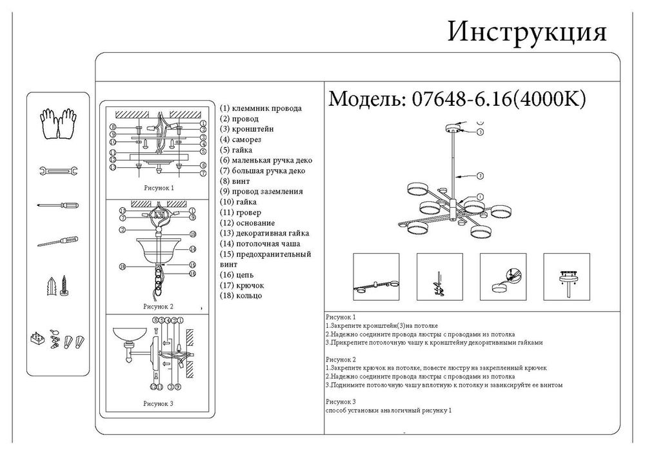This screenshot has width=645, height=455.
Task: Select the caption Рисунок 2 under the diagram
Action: click(158, 307)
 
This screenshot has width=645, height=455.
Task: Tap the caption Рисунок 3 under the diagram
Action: click(158, 403)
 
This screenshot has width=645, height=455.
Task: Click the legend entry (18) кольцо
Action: click(241, 295)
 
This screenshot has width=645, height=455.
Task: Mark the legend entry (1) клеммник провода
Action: click(261, 108)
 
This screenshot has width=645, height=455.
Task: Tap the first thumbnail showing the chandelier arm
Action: click(376, 276)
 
